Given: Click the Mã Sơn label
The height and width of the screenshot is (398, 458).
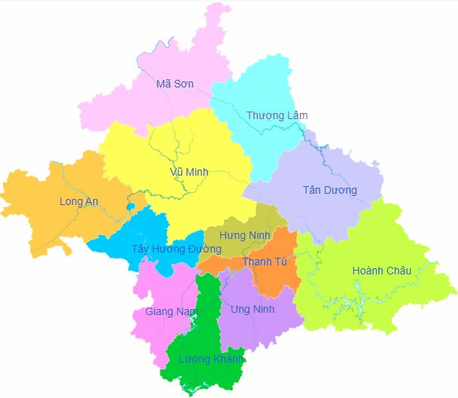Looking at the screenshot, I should pos(175,84).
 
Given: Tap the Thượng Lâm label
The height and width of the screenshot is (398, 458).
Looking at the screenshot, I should pos(276,115).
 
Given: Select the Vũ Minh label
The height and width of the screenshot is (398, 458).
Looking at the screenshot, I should pos(188,171).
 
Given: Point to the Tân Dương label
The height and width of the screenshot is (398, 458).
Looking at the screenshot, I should pos(329,189).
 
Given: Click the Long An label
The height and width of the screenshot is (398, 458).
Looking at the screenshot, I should pos(78,201).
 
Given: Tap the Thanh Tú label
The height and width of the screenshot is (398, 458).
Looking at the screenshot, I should pos(264,262).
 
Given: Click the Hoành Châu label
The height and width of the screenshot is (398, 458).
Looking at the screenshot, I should pos(381,271).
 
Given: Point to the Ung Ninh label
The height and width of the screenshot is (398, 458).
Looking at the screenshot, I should pos(253,309).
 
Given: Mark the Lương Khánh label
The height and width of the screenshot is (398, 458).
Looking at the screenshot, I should pos(211,359).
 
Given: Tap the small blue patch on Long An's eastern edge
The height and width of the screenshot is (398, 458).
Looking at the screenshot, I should pos(130,206).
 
